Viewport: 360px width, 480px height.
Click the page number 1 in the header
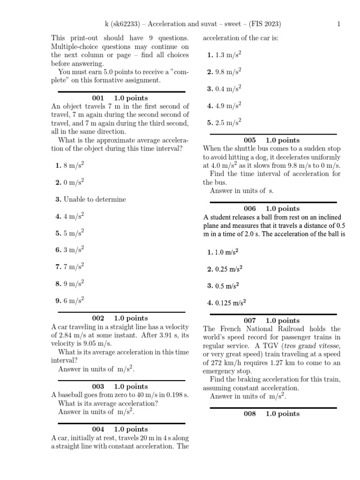coord(338,25)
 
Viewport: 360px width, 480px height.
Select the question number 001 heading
coord(97,98)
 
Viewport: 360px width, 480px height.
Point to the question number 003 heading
coord(98,387)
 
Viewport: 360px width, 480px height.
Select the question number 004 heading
coord(98,429)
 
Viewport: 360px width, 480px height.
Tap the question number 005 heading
coord(250,141)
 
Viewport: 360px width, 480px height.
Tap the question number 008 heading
coord(250,414)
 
